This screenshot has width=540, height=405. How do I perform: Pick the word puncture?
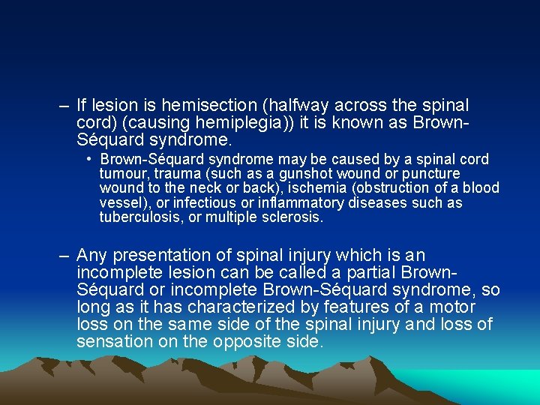pos(432,173)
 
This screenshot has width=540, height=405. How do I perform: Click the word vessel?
pos(120,203)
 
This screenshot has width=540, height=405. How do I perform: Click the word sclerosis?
pos(293,217)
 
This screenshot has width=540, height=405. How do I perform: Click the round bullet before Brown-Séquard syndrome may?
pos(89,159)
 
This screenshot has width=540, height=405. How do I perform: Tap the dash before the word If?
pos(64,106)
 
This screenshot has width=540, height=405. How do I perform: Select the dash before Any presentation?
pos(64,256)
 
